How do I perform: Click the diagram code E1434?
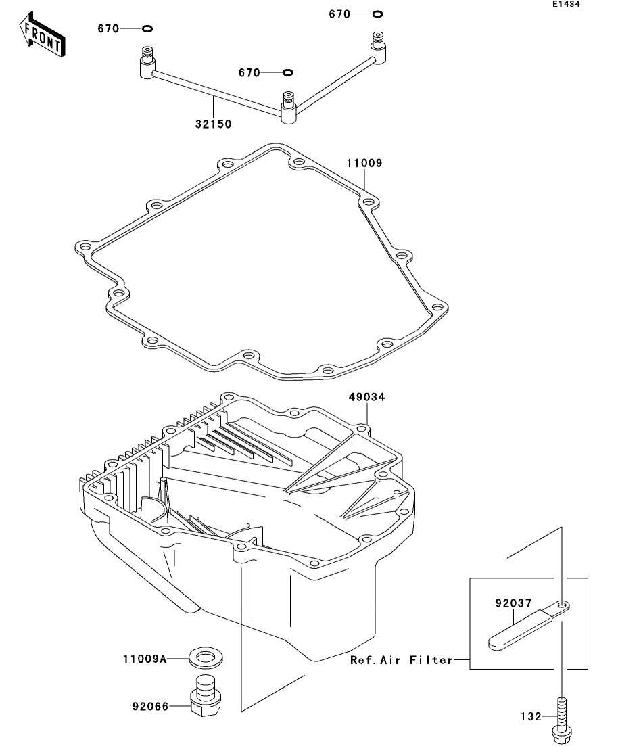566,5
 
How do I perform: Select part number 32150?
213,124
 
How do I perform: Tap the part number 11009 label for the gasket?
365,163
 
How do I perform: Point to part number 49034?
367,398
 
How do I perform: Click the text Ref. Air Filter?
402,660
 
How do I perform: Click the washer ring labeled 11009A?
205,656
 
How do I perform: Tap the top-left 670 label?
108,28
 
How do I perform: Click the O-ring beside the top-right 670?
377,14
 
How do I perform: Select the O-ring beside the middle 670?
287,72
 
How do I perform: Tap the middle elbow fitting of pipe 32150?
289,108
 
